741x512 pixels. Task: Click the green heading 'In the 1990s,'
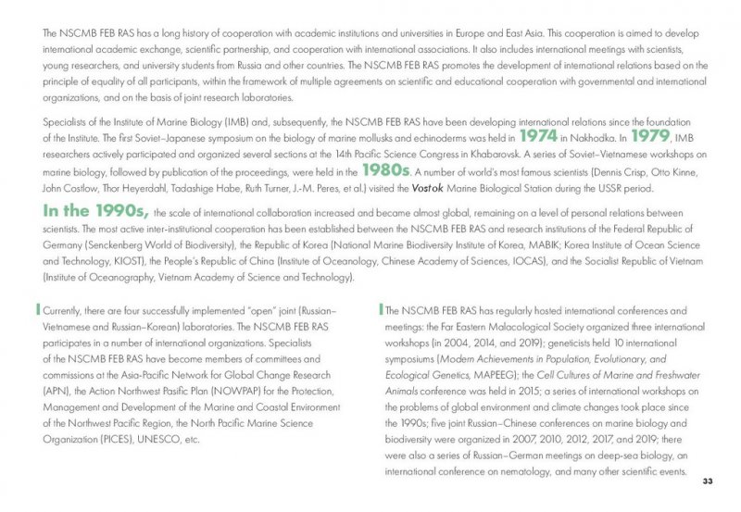89,210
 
